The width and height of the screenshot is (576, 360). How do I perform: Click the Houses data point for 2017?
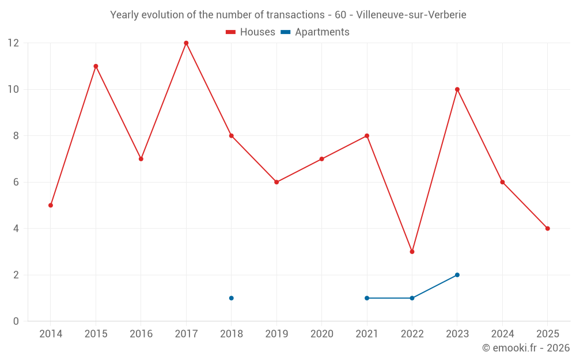[x=186, y=43]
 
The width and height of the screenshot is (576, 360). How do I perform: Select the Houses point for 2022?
[x=412, y=252]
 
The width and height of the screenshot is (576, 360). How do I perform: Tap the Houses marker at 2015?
[x=96, y=66]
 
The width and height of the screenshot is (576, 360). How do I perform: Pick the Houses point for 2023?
[x=457, y=89]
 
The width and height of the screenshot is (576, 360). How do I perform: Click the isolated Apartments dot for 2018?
[x=231, y=298]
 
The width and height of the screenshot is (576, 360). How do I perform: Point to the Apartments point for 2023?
[x=457, y=275]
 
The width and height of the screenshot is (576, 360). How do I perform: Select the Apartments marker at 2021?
[x=367, y=298]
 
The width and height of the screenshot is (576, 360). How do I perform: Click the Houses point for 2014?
[x=51, y=205]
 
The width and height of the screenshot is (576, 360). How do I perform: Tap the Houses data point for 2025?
[x=547, y=229]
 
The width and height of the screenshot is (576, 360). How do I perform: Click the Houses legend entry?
[x=251, y=32]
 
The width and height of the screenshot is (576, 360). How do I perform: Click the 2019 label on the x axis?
[x=276, y=334]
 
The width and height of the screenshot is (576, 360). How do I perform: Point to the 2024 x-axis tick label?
[x=502, y=334]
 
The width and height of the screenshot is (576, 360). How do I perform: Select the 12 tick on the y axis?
[x=13, y=43]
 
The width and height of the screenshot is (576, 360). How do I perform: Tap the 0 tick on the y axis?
[x=16, y=321]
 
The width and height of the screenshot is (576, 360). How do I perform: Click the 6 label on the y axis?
[x=16, y=182]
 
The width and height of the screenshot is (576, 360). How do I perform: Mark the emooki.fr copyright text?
[x=526, y=348]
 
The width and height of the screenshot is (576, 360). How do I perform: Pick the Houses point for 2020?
[x=321, y=159]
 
